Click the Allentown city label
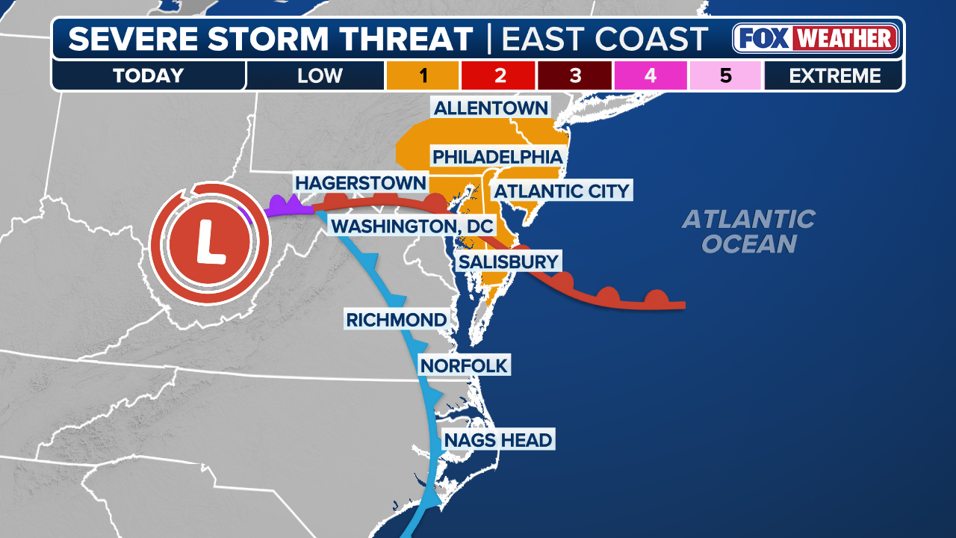pos(491,108)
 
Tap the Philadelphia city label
pos(497,157)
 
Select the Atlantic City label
pos(562,191)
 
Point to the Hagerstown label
pos(360,183)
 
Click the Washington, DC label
pos(412,226)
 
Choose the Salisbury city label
pos(509,262)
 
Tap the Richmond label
pos(396,320)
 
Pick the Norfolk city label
pos(464,365)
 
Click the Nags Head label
pos(498,440)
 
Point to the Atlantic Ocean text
pos(748,231)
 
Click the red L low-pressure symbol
pos(209,244)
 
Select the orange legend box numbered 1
pos(423,75)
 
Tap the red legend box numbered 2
pos(499,75)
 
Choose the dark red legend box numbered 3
pos(574,75)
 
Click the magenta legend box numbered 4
pos(650,75)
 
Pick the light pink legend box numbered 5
pos(725,75)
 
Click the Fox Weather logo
pos(815,38)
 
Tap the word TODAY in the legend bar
pos(148,75)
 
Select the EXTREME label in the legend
pos(834,75)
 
